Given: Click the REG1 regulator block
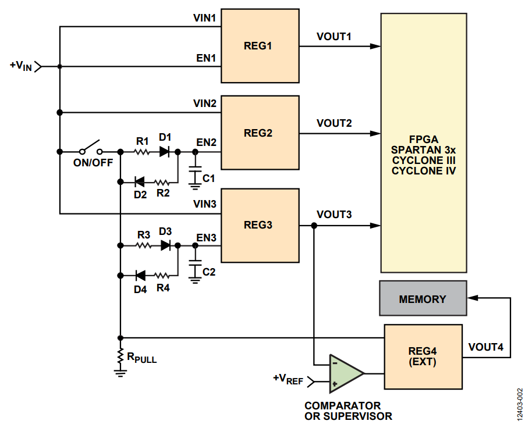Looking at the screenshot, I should (x=259, y=45).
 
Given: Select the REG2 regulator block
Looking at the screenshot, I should (x=259, y=133).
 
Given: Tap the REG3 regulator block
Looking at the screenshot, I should (x=259, y=224).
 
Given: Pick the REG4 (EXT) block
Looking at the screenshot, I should (x=423, y=357).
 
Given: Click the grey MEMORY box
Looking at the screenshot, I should (x=423, y=299).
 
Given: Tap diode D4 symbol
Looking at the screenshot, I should (x=140, y=276).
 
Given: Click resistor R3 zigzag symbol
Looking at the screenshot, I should (x=143, y=245).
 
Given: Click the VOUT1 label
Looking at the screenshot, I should (x=334, y=37).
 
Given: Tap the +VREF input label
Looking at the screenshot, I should (x=288, y=379).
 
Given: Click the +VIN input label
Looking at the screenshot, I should (x=21, y=66).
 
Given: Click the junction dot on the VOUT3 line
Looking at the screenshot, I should (x=314, y=225).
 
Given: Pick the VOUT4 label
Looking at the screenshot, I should (x=485, y=347).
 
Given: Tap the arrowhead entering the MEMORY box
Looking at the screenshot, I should (x=472, y=298).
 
